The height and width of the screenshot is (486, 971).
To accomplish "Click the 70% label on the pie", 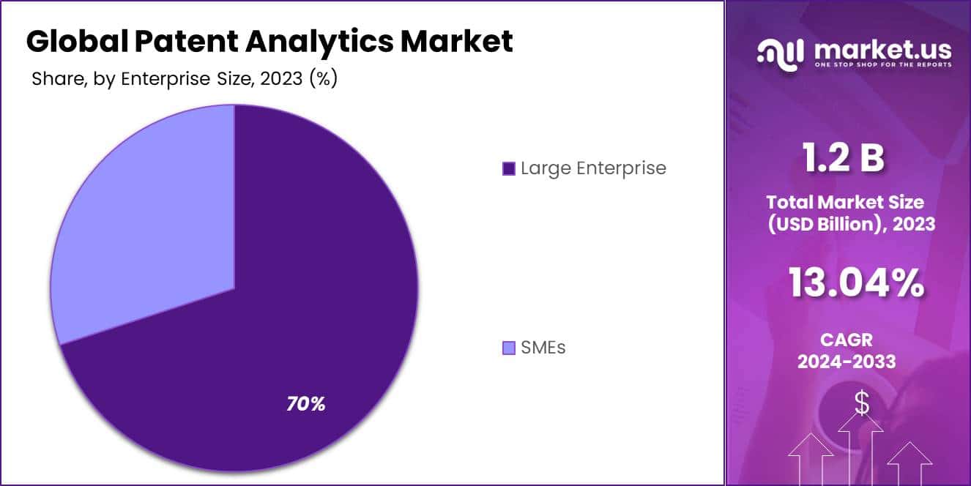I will pos(305,403).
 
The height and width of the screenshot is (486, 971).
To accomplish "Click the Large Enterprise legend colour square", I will pos(509,169).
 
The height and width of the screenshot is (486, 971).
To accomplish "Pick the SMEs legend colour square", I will pos(509,348).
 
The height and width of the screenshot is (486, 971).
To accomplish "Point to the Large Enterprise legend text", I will pos(593,168).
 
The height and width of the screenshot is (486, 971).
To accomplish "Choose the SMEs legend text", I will pos(543,348).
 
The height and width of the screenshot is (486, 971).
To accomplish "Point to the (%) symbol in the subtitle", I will pos(323,79).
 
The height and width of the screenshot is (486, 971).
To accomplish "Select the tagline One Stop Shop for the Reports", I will pos(883,65).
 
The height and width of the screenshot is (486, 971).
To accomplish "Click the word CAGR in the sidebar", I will pos(846,340).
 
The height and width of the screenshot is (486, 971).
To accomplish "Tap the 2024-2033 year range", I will pos(846,361).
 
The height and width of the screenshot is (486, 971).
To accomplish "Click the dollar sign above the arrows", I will pos(862,403).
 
